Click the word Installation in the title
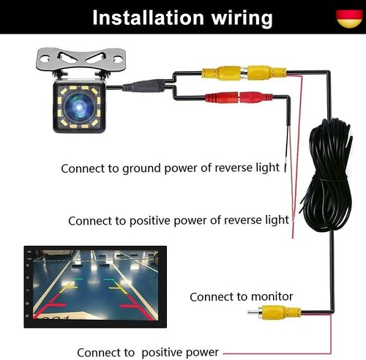[149, 18]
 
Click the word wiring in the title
[242, 19]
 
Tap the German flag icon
[349, 18]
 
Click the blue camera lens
[79, 107]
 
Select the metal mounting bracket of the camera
[81, 59]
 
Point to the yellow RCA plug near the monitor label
[274, 312]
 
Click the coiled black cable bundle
[327, 176]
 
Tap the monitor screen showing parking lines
[95, 286]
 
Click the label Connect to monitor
[242, 297]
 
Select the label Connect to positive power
[148, 353]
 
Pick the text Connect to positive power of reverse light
[179, 221]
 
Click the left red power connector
[221, 97]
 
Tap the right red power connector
[255, 97]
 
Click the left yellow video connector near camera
[221, 72]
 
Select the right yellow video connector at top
[266, 72]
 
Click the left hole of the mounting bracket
[45, 59]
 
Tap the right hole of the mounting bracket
[118, 59]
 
